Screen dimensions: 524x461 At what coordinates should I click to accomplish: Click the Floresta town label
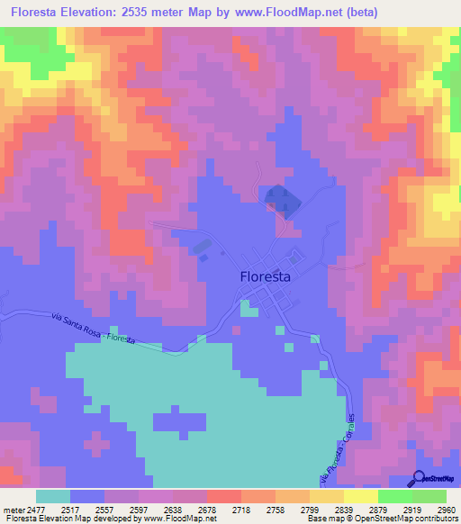[x=266, y=277]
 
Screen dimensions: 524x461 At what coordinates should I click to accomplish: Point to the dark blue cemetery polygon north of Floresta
[x=280, y=199]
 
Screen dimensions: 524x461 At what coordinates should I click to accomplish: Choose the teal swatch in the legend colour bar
[x=53, y=496]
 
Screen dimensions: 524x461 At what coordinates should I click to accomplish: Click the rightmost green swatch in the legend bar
[x=429, y=496]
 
